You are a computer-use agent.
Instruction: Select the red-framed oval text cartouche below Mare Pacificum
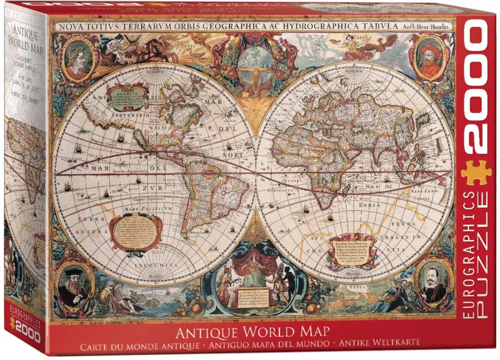click(133, 229)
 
